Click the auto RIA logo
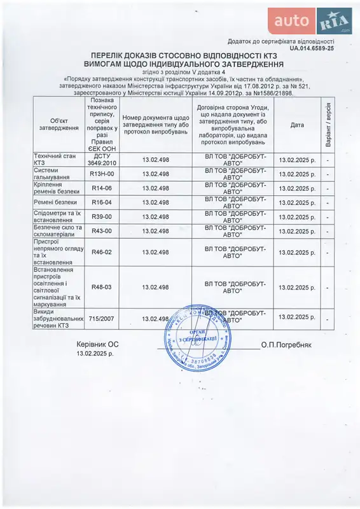[310, 21]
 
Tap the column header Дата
[297, 125]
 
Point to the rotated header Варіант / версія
[328, 125]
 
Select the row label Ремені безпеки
[53, 202]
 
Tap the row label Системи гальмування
[55, 174]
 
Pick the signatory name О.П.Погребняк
[286, 344]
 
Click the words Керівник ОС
[97, 344]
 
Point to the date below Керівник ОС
[96, 354]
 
